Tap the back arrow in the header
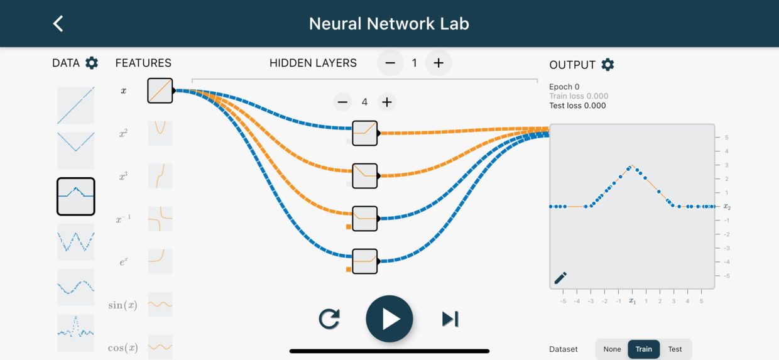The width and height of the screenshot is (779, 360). [58, 24]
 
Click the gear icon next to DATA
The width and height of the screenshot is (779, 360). [92, 63]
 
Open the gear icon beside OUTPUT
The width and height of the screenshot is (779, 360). [607, 65]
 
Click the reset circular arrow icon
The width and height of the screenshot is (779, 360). [329, 319]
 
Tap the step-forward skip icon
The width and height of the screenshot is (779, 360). [450, 319]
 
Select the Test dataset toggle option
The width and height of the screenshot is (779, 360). [675, 349]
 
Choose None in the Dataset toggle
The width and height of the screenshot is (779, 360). [612, 349]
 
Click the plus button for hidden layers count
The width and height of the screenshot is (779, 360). [439, 63]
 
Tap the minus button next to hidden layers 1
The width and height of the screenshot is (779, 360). [390, 63]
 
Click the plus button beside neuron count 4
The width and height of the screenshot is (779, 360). [387, 102]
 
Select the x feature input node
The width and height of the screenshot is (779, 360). [160, 90]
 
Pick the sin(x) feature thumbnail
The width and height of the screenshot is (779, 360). [160, 304]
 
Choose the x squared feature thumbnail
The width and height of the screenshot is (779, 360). [160, 133]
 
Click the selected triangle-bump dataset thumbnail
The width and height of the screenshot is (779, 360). [76, 197]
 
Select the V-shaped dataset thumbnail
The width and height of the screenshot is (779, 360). [76, 151]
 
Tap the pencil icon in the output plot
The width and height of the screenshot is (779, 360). [560, 278]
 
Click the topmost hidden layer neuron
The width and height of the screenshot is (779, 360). [365, 133]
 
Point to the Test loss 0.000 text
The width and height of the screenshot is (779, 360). [577, 106]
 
